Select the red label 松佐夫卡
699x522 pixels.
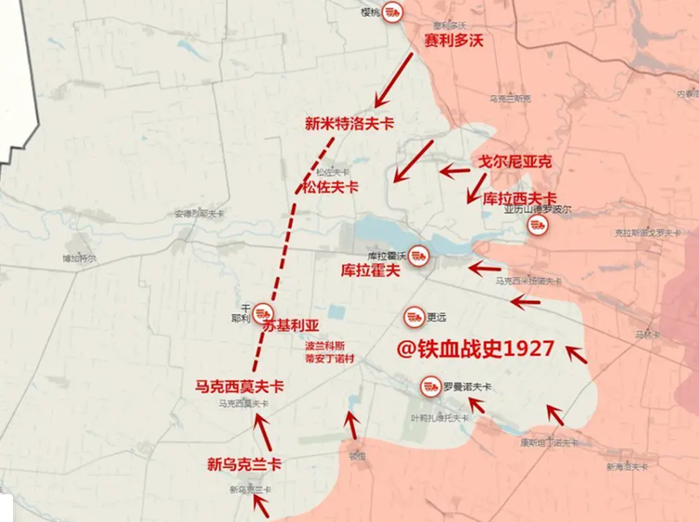(330, 186)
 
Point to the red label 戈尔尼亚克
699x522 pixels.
(515, 161)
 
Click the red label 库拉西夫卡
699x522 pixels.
(520, 198)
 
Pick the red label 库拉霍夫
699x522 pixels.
(371, 270)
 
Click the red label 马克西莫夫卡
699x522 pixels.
(240, 386)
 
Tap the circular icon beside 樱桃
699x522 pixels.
(394, 12)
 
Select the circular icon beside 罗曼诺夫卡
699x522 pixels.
(430, 384)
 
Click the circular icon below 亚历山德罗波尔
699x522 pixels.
(536, 226)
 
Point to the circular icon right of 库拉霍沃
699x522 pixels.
(419, 254)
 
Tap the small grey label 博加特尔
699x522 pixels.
(79, 257)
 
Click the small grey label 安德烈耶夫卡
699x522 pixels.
(199, 213)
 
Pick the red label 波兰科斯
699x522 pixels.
(324, 343)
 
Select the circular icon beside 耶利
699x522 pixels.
(263, 313)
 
